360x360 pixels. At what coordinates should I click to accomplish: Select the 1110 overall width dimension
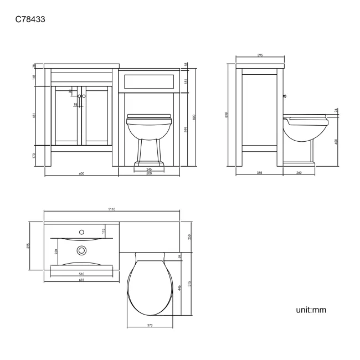[111, 209]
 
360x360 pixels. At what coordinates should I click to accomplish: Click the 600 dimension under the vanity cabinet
[81, 174]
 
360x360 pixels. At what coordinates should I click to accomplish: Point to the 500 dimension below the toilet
[150, 174]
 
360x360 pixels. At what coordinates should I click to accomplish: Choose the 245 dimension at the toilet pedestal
[150, 169]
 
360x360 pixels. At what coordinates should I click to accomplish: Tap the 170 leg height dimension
[34, 156]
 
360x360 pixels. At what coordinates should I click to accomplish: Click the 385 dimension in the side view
[259, 174]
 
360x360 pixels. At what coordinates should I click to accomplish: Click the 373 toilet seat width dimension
[150, 325]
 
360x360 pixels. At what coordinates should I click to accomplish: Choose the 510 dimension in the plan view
[81, 273]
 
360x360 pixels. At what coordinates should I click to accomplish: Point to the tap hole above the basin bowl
[81, 232]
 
